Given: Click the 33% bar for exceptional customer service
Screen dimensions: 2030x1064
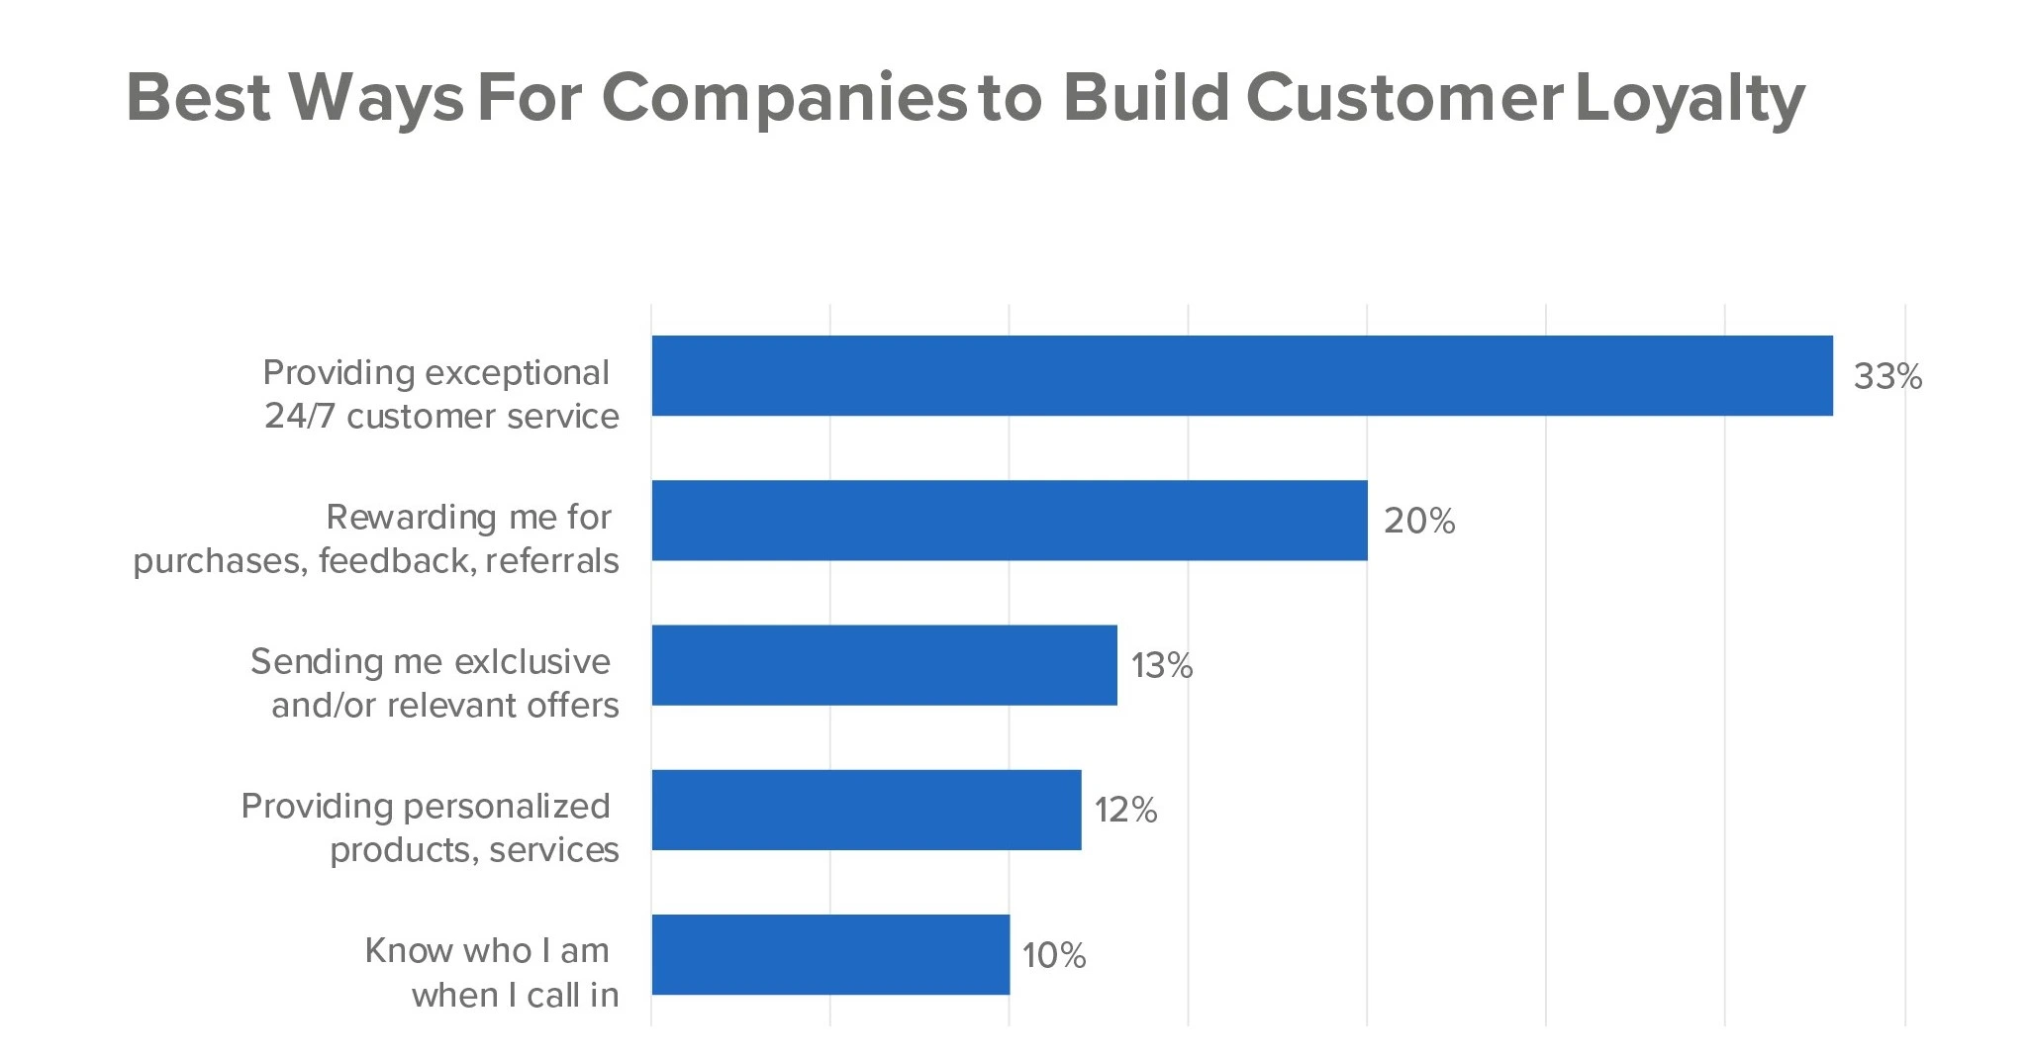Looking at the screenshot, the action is coord(1242,375).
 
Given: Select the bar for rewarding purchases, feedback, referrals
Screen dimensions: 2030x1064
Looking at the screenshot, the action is coord(1010,521).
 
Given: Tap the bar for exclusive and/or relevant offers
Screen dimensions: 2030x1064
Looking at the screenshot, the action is coord(884,665).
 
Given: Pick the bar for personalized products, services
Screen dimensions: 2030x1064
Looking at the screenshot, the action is coord(866,810).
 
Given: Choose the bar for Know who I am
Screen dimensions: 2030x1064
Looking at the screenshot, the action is coord(830,954).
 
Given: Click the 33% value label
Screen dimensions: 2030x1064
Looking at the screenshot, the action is coord(1887,376).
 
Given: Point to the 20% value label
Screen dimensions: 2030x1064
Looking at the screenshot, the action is coord(1419,521).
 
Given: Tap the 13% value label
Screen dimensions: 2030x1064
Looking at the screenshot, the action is coord(1162,665).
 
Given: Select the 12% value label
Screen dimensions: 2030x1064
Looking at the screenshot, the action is coord(1125,810).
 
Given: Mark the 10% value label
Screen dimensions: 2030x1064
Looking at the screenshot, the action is coord(1054,955).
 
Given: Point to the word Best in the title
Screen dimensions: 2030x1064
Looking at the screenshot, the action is coord(199,97).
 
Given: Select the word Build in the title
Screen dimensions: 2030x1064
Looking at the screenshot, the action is coord(1146,97).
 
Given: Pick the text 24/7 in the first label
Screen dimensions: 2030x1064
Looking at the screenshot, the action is coord(301,416).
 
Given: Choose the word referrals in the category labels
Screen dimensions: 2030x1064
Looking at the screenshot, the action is coord(552,560).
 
